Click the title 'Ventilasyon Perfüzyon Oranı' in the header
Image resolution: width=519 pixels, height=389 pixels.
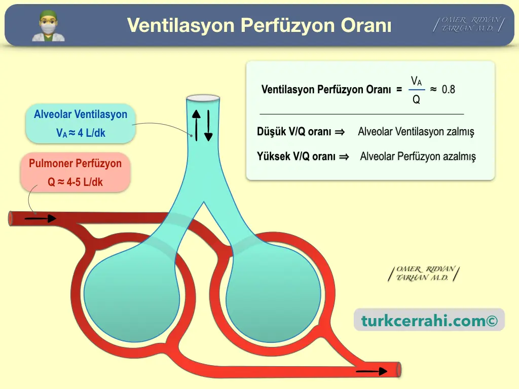pos(259,25)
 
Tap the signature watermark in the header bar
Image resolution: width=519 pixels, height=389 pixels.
pos(469,24)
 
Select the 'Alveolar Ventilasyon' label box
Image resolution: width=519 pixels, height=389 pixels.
pos(81,124)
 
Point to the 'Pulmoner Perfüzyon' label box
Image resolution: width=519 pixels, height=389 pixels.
pos(75,172)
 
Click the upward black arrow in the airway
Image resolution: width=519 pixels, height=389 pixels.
pos(196,126)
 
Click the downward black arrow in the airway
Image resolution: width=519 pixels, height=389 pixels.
pos(208,126)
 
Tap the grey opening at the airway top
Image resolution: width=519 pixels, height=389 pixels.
pos(203,98)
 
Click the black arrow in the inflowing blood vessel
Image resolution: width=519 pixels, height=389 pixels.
pos(41,218)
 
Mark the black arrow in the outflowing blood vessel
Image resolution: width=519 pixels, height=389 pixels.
pos(372,371)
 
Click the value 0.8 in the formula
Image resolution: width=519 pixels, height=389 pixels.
pos(449,89)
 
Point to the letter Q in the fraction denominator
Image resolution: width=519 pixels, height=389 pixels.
pos(417,99)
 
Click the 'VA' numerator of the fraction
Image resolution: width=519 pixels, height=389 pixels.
pos(417,81)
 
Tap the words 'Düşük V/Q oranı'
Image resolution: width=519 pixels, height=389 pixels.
pos(294,132)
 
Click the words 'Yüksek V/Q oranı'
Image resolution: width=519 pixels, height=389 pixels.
pos(296,156)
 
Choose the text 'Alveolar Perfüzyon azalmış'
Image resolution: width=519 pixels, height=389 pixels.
pos(418,157)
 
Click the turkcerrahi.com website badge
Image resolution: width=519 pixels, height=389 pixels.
pos(429,320)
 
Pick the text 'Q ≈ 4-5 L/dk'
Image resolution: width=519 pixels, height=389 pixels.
pos(75,182)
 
